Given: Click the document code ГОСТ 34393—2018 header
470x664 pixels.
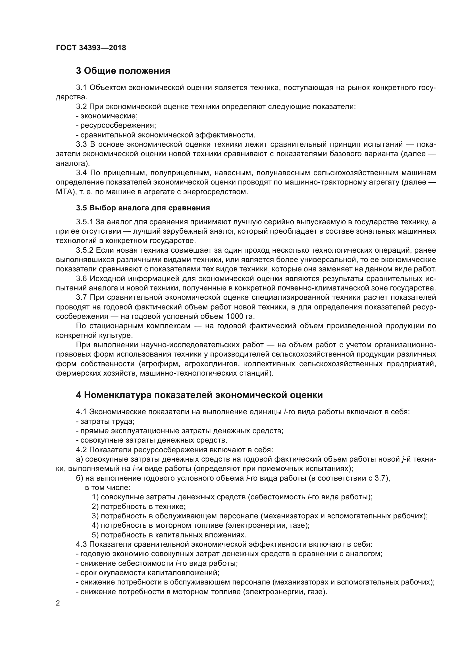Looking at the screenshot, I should point(91,48).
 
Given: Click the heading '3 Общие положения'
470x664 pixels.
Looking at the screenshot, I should point(123,71).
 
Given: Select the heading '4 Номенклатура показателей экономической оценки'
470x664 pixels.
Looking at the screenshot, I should point(199,395).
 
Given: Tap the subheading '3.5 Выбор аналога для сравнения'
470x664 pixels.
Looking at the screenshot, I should point(143,208).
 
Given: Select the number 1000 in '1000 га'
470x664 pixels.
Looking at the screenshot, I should point(233,316).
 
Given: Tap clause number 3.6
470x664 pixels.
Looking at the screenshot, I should point(82,278).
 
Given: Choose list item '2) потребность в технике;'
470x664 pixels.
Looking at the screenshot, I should point(139,506).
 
